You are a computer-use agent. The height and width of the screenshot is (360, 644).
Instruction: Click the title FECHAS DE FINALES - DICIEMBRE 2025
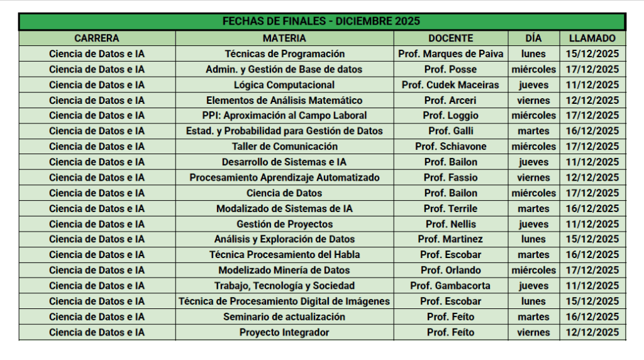[321, 21]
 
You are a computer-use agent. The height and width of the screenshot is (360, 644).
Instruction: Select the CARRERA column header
[96, 38]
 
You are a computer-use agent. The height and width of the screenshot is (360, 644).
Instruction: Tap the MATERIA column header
[284, 38]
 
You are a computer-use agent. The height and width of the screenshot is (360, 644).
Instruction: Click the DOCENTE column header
[450, 38]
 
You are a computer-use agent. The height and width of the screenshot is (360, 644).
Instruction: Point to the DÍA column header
[533, 38]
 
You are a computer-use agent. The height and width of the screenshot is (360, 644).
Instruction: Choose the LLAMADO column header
[592, 38]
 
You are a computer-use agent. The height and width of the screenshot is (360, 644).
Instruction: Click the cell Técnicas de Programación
[284, 53]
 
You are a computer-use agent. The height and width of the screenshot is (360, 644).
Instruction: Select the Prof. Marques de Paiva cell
[450, 53]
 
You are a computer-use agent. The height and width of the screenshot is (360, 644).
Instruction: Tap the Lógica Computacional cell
[284, 84]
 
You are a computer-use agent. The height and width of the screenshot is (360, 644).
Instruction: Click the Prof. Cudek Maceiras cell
[450, 84]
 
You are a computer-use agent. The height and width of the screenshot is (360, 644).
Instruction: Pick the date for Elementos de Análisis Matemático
[592, 100]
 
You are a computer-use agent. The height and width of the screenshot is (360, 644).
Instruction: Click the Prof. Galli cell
[450, 131]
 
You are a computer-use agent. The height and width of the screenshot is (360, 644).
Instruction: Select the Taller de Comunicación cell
[284, 146]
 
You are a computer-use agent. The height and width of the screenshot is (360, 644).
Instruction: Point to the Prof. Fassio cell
[450, 177]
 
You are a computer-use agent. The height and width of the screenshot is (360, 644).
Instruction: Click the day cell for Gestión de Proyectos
[533, 224]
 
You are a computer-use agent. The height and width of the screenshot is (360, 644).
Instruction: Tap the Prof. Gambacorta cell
[450, 286]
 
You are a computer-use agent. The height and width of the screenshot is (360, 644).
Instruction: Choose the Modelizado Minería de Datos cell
[284, 270]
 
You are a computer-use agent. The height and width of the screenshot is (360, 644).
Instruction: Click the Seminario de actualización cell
[284, 317]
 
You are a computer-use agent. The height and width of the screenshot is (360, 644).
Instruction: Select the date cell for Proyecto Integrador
[592, 332]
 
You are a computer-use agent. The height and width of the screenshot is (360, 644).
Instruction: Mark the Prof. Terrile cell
[450, 208]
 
